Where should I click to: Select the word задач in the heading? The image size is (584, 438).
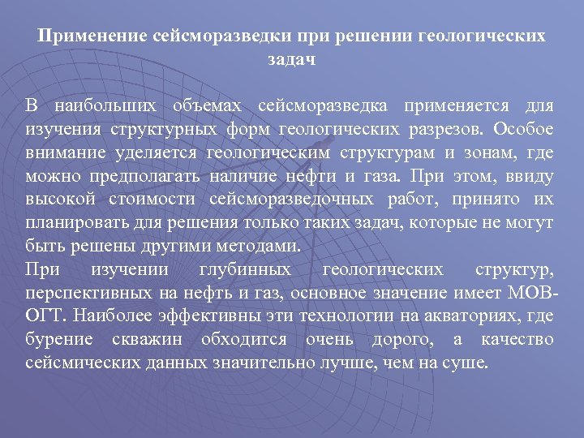pyautogui.click(x=291, y=60)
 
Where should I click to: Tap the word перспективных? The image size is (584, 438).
pyautogui.click(x=86, y=292)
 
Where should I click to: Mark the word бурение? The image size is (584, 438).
pyautogui.click(x=59, y=337)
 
